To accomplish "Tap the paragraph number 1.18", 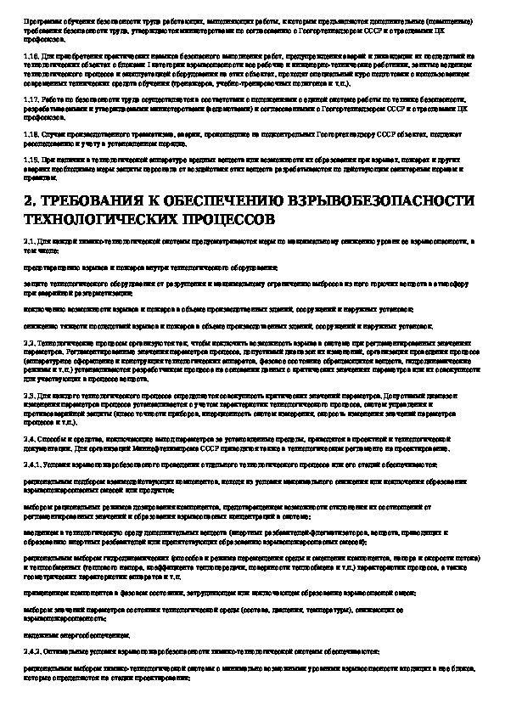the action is tap(31, 134).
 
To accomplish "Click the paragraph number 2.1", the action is tap(29, 241).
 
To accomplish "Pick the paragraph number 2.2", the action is tap(29, 342).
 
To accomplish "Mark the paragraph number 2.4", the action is tap(29, 438).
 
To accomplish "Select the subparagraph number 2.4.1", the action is tap(31, 464).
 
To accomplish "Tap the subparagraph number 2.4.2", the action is tap(31, 650).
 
